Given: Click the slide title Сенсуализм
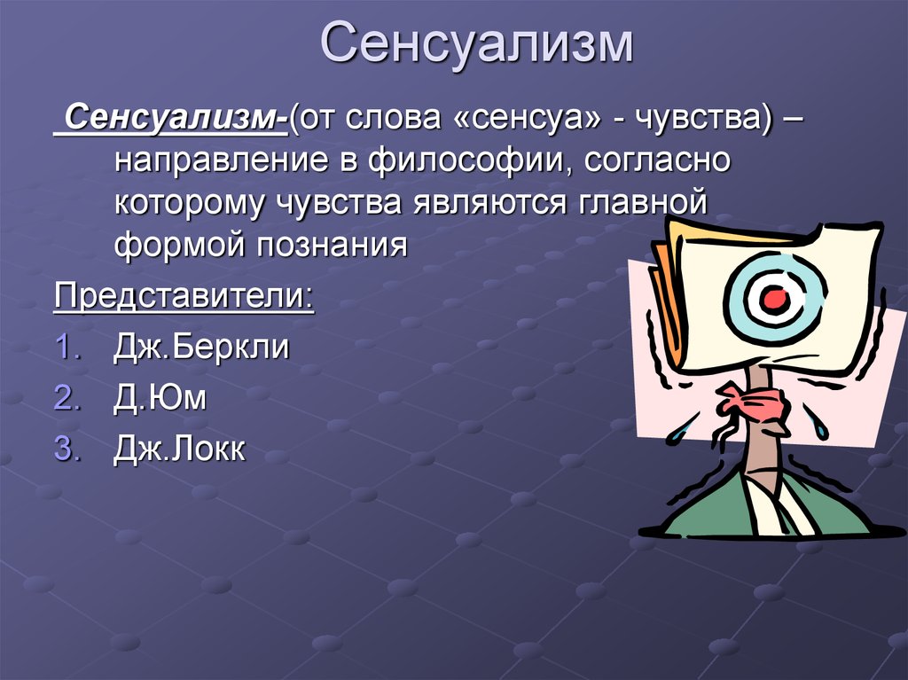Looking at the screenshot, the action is click(477, 43).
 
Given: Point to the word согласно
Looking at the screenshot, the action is click(657, 160).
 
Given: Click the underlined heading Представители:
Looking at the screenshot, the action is click(184, 297).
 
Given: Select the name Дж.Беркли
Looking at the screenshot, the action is click(201, 347).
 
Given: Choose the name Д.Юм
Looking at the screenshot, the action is click(160, 398).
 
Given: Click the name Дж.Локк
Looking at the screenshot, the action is click(179, 449).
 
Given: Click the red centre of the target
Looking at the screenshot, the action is click(773, 299).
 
